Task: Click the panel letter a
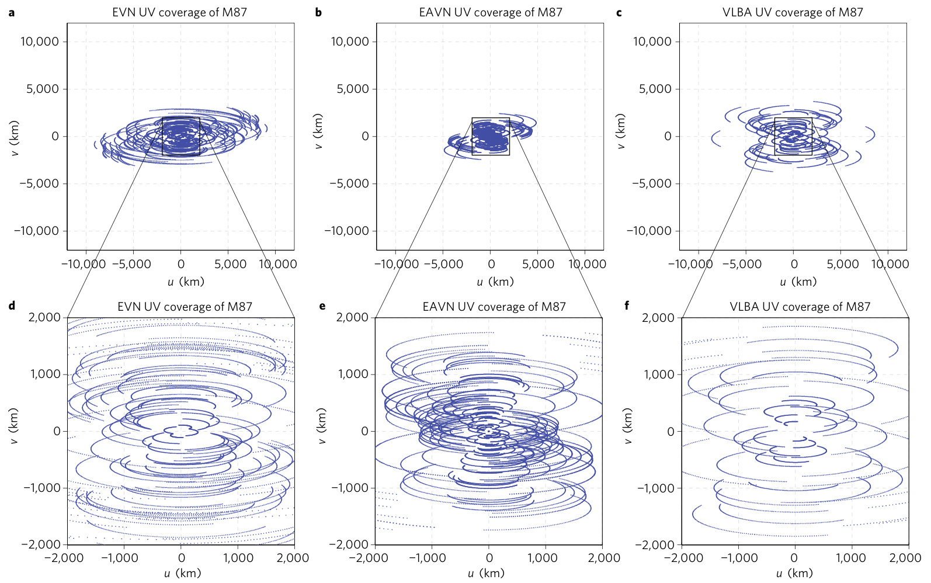click(12, 12)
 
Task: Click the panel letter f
click(627, 305)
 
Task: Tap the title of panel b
click(490, 12)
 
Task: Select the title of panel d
click(185, 307)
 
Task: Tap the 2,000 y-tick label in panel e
click(352, 317)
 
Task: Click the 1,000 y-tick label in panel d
click(46, 374)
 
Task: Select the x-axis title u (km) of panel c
click(798, 282)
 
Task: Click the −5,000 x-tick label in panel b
click(443, 264)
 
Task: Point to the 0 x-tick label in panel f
click(794, 558)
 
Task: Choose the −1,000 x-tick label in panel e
click(428, 558)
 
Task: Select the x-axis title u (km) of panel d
click(182, 573)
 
